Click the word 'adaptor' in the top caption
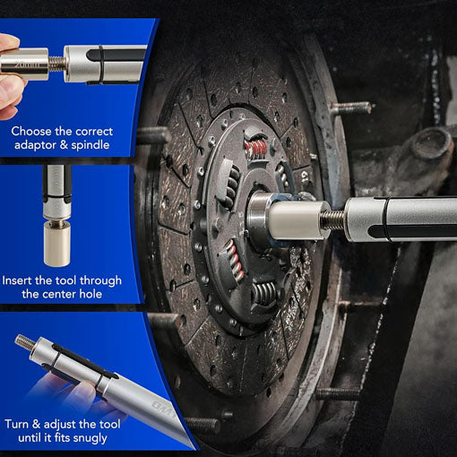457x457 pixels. point(35,145)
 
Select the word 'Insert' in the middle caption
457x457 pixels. point(17,280)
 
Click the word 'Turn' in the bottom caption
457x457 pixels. point(17,424)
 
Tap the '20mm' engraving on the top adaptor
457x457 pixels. point(27,65)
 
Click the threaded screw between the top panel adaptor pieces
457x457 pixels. point(57,64)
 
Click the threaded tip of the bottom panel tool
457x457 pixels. point(24,341)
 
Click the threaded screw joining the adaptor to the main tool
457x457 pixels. point(333,220)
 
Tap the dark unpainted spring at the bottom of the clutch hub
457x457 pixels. point(264,294)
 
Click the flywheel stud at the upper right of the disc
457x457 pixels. point(350,108)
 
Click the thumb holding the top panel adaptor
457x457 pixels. point(9,41)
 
